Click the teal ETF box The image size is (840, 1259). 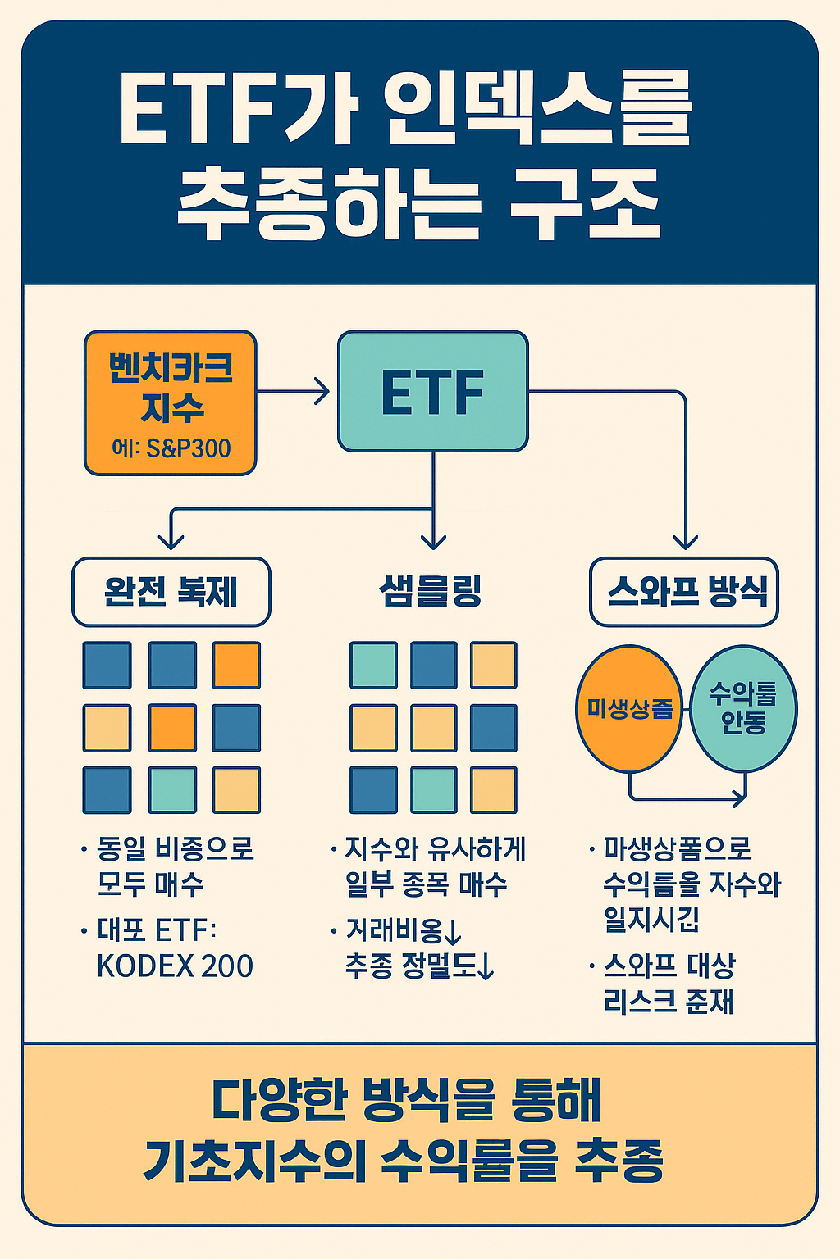coord(432,391)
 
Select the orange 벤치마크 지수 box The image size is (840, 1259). coord(171,402)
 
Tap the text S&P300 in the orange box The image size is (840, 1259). coord(188,448)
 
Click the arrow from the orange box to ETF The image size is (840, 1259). coord(295,391)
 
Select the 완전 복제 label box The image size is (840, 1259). coord(171,592)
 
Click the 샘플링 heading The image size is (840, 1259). coord(431,591)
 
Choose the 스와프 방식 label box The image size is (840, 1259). coord(684,591)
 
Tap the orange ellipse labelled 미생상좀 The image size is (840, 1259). coord(629,709)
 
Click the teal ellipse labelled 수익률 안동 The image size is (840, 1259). coord(743,709)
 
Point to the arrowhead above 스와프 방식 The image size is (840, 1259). coord(685,541)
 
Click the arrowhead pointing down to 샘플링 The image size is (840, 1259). coord(433,541)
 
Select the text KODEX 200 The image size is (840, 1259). coord(175,966)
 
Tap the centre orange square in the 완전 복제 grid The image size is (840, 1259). coord(172,727)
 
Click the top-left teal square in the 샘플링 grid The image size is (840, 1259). coord(373,665)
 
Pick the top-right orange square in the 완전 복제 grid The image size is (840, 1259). coord(236,665)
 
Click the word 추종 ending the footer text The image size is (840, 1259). coord(619,1161)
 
